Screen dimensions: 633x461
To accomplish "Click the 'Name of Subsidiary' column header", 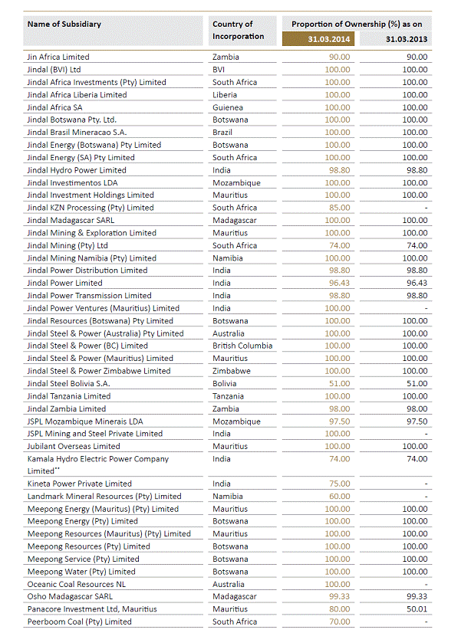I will point(64,24).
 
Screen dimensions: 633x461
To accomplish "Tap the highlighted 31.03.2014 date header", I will point(318,38).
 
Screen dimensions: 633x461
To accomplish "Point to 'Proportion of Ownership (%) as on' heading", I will point(357,23).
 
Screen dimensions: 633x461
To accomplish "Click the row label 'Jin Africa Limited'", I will point(58,57).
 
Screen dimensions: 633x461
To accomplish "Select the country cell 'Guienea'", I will point(228,107).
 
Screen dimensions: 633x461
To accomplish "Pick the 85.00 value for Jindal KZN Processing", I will point(338,208).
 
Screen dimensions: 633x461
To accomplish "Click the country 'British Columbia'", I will point(242,346).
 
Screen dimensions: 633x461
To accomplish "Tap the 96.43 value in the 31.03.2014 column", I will point(338,283).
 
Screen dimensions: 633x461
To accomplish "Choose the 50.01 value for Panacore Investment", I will point(416,609).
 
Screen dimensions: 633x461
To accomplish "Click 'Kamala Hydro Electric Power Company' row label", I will point(97,459).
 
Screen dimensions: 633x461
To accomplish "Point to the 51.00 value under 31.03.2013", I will point(416,383).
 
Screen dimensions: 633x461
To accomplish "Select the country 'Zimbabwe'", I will point(232,371).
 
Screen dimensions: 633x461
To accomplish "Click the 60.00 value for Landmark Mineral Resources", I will point(338,497).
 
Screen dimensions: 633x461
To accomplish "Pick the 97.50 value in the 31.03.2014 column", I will point(338,421).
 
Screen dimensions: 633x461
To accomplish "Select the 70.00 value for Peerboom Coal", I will point(338,622).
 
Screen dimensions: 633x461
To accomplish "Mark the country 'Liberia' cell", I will point(226,95).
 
